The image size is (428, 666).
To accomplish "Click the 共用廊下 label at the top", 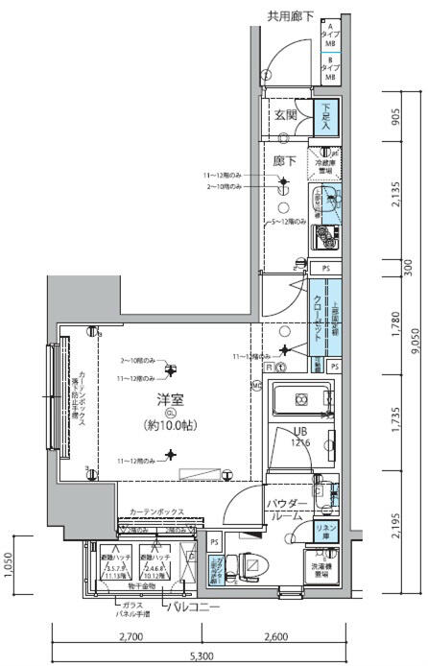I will pyautogui.click(x=288, y=15).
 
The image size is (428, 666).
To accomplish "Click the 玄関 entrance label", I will pyautogui.click(x=286, y=115).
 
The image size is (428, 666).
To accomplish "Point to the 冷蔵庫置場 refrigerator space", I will pyautogui.click(x=326, y=163).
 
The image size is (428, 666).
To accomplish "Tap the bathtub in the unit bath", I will pyautogui.click(x=300, y=400).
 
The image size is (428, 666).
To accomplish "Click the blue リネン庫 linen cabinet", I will pyautogui.click(x=326, y=530).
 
